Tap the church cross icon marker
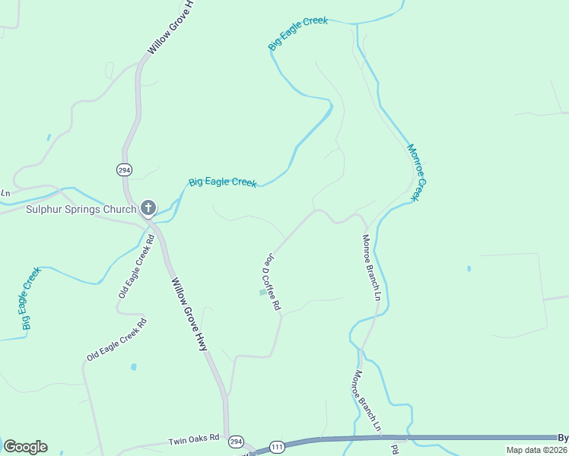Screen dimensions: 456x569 coord(148,207)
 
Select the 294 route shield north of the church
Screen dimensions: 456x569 coord(123,169)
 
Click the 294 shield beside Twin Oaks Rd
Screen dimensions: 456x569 coord(236,442)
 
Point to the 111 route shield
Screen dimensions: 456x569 coord(276,447)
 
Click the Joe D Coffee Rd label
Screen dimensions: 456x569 coord(272,282)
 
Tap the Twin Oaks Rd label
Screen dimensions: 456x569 coord(193,439)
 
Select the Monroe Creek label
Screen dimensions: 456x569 coord(414,173)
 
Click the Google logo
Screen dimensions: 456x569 coord(25,447)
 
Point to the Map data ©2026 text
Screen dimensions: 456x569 coord(536,450)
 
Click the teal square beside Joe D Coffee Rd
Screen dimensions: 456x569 coord(263,292)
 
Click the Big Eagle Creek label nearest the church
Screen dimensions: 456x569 coord(222,182)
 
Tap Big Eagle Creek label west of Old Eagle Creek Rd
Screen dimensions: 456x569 coord(30,298)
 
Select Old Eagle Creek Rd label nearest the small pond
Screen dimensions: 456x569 coord(116,340)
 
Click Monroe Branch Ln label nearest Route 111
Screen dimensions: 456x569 coord(367,402)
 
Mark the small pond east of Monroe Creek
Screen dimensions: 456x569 coord(469,269)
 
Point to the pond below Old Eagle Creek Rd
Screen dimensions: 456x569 coord(133,367)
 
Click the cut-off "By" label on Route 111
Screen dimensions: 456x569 coord(563,438)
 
